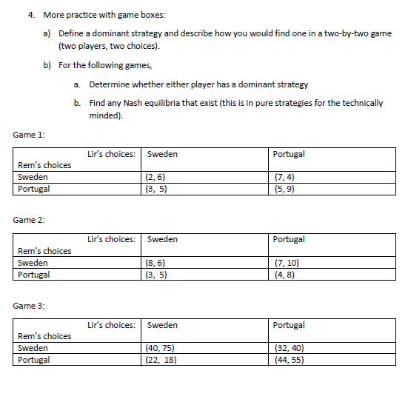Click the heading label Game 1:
[29, 134]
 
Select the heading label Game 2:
[29, 220]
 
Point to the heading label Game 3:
[29, 305]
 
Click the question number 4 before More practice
[31, 15]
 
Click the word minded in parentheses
[104, 115]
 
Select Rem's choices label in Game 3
[44, 336]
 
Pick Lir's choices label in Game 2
[111, 239]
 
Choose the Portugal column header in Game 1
[289, 154]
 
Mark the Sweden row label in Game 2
[33, 263]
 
